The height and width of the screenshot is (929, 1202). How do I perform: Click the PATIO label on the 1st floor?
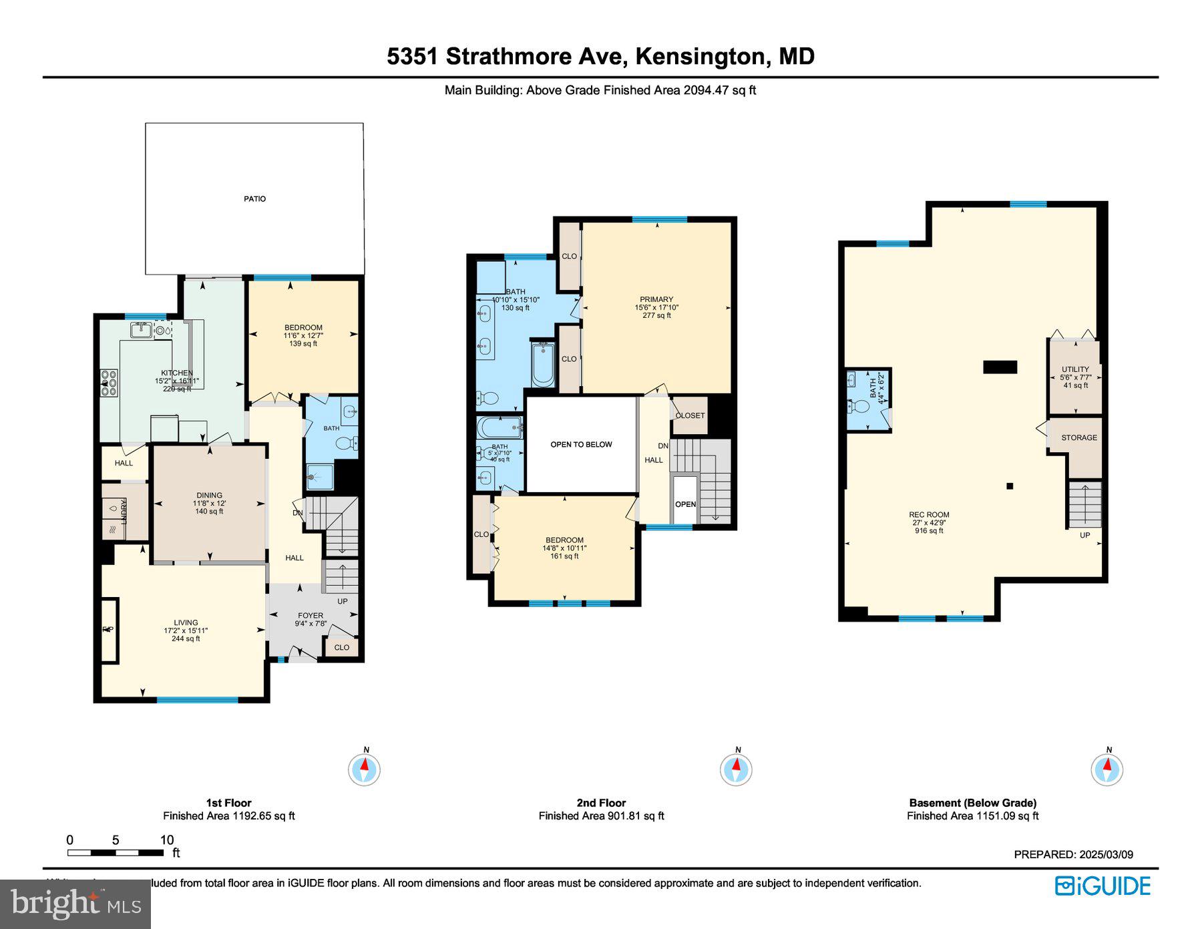254,199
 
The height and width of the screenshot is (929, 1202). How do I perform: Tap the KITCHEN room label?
177,373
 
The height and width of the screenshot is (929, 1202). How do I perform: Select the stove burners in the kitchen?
109,383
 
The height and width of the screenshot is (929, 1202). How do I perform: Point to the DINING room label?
209,496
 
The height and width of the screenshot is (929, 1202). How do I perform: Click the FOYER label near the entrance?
311,616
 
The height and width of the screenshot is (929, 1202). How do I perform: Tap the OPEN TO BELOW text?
581,445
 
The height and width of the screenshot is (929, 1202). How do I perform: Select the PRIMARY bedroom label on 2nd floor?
656,299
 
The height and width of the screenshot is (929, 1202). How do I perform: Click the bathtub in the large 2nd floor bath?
542,365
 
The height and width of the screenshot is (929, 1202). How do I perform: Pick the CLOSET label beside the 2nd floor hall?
690,415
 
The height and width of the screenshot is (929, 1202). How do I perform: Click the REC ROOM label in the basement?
929,515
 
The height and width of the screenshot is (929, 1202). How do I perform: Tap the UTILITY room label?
1075,369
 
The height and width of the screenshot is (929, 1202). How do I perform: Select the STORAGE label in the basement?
1079,438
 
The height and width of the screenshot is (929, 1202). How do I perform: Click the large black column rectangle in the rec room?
1000,367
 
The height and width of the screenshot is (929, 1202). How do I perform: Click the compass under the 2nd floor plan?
736,769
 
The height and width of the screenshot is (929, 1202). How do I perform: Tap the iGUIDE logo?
1103,886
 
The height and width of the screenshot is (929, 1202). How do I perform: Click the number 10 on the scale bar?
166,840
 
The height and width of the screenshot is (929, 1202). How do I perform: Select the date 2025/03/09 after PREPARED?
1105,854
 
